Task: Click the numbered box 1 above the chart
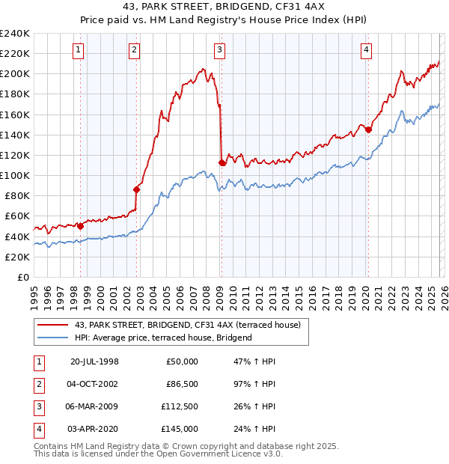tap(79, 50)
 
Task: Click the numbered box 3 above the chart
tap(219, 50)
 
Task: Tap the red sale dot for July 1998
tap(81, 226)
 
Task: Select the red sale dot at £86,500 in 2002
tap(137, 189)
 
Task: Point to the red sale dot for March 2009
tap(222, 162)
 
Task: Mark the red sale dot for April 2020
tap(368, 129)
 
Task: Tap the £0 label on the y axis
tap(22, 277)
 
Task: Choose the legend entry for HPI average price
tap(163, 338)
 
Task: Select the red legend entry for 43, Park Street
tap(187, 325)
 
